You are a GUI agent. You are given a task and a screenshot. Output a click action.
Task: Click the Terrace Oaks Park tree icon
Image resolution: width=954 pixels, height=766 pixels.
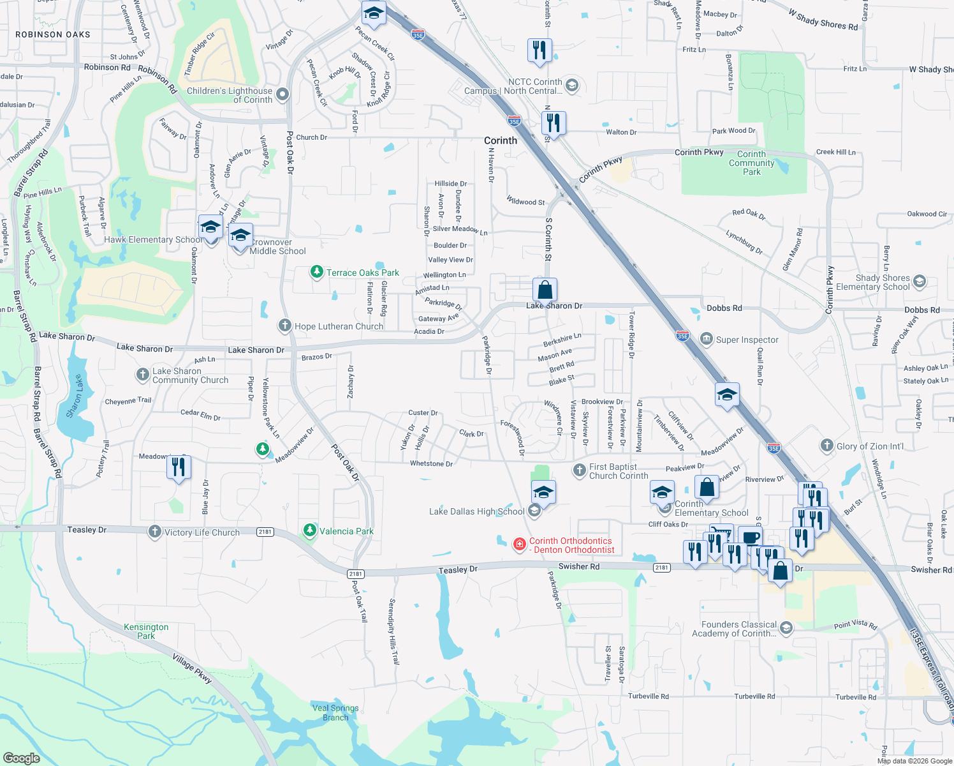tap(316, 273)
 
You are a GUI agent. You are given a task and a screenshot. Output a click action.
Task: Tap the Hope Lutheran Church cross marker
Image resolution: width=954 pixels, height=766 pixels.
tap(284, 326)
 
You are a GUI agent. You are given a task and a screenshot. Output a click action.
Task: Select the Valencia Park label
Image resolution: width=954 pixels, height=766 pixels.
tap(346, 531)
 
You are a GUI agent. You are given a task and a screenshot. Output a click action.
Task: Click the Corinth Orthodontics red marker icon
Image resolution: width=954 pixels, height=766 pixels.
tap(520, 544)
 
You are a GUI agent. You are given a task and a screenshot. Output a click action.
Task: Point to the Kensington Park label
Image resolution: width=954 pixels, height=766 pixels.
tap(146, 631)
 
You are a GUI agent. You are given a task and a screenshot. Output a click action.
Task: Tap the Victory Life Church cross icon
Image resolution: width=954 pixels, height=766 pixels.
tap(154, 532)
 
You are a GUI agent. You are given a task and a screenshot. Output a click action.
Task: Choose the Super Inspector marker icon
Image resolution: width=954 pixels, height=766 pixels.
tap(706, 339)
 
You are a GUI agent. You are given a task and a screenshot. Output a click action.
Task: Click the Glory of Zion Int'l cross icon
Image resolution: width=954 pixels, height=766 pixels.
tap(826, 446)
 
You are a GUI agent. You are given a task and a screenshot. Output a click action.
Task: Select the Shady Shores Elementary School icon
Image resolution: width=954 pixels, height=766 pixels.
tap(919, 281)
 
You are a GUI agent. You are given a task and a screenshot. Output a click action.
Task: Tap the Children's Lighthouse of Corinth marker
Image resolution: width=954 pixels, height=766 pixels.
tap(283, 94)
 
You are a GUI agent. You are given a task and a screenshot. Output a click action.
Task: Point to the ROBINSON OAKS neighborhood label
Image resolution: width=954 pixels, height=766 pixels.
tap(53, 34)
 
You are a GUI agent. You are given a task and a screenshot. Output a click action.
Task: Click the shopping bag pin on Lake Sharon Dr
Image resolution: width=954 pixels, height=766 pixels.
tap(545, 290)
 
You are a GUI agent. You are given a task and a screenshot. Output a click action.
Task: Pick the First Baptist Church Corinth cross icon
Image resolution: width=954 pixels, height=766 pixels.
tap(579, 470)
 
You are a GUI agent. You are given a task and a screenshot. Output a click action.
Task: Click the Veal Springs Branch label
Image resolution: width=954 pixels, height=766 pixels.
tap(335, 712)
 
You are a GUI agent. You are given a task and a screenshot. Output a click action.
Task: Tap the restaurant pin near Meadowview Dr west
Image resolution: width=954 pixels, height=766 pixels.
tap(179, 467)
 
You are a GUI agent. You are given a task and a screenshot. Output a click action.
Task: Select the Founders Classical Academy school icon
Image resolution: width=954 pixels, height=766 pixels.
tap(786, 628)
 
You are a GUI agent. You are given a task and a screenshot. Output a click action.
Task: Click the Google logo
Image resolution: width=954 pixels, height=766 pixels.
tap(22, 758)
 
